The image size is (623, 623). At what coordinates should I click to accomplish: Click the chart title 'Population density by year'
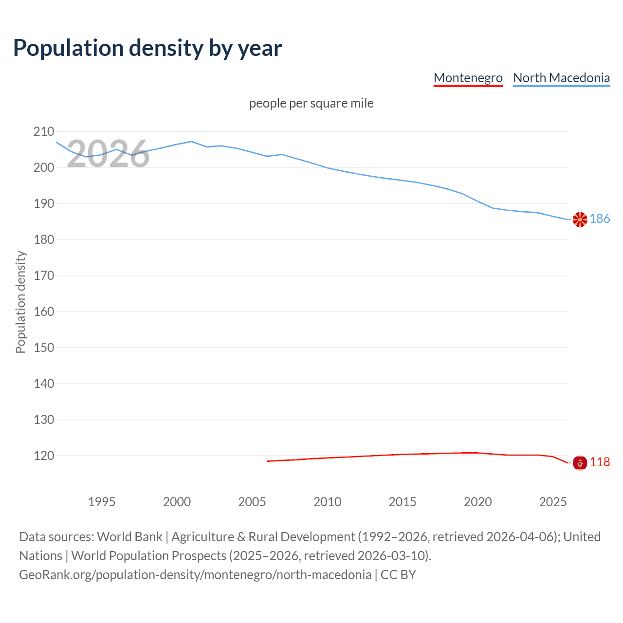pyautogui.click(x=147, y=48)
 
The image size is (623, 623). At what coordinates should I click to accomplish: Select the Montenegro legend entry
pyautogui.click(x=468, y=78)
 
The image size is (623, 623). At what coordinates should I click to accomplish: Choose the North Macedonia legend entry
pyautogui.click(x=561, y=78)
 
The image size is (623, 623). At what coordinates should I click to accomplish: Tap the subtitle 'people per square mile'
pyautogui.click(x=311, y=103)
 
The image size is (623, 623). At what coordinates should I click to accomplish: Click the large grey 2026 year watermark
pyautogui.click(x=108, y=154)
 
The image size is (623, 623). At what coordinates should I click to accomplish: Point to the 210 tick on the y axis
pyautogui.click(x=44, y=131)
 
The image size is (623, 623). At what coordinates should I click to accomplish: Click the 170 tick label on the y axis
pyautogui.click(x=44, y=275)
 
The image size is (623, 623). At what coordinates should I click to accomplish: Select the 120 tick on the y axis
pyautogui.click(x=44, y=456)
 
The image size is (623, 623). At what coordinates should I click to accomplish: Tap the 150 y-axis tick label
pyautogui.click(x=44, y=348)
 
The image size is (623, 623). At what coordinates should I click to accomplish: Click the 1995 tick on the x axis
pyautogui.click(x=102, y=502)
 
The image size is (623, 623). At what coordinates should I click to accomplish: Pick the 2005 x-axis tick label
pyautogui.click(x=252, y=502)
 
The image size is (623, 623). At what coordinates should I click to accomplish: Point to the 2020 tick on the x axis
pyautogui.click(x=477, y=502)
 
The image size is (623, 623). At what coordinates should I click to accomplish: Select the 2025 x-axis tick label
pyautogui.click(x=553, y=502)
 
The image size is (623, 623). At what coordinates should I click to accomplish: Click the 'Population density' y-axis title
pyautogui.click(x=20, y=302)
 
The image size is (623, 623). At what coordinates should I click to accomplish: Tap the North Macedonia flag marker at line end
pyautogui.click(x=580, y=220)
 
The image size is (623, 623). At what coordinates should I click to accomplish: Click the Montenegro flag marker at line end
pyautogui.click(x=580, y=462)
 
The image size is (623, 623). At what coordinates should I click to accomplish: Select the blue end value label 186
pyautogui.click(x=600, y=219)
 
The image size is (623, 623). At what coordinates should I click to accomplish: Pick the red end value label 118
pyautogui.click(x=600, y=462)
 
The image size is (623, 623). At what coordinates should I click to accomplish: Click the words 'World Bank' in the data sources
pyautogui.click(x=129, y=537)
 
